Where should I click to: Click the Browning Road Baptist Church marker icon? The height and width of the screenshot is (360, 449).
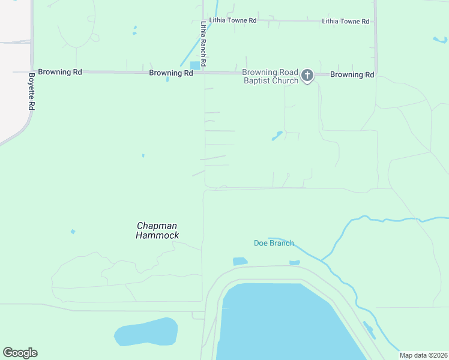(307, 76)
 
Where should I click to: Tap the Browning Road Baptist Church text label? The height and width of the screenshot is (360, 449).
(270, 77)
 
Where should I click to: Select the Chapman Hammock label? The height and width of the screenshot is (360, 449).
(158, 230)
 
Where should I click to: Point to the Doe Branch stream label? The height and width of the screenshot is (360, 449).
(274, 243)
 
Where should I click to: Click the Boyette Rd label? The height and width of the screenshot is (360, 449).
(32, 91)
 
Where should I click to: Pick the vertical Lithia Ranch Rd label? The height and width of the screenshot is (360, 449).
(203, 44)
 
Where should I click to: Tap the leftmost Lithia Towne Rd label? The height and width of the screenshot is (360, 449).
(232, 20)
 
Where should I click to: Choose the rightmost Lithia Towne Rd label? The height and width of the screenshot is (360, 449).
(345, 22)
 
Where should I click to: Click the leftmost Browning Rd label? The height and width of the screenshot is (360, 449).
(59, 72)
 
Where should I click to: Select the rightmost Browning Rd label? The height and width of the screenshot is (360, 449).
(352, 75)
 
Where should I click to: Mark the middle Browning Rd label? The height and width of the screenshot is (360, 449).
(171, 73)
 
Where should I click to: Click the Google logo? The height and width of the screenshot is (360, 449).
(20, 353)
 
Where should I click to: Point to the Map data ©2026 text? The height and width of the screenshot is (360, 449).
(423, 355)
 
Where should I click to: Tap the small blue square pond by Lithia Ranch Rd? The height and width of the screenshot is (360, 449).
(195, 65)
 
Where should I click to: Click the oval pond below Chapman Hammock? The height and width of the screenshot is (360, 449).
(146, 332)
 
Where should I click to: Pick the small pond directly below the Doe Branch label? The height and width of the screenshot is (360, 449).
(240, 262)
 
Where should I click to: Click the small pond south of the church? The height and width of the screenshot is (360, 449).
(277, 136)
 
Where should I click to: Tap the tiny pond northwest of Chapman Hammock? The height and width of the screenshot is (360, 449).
(73, 232)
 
